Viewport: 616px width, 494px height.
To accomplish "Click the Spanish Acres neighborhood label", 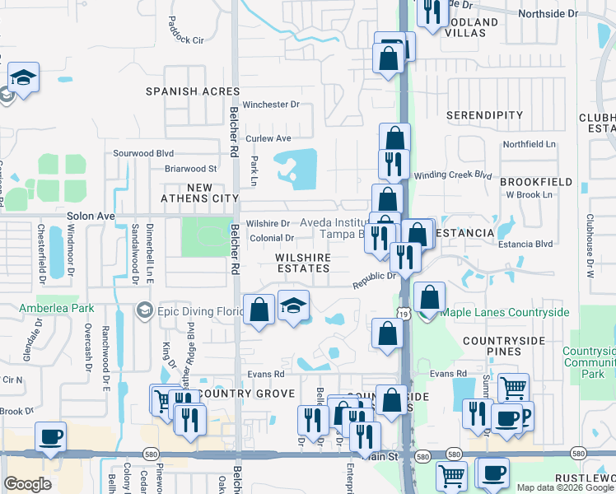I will click(x=193, y=91).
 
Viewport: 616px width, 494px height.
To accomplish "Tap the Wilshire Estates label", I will click(x=303, y=263).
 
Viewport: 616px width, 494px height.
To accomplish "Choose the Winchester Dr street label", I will click(x=271, y=105).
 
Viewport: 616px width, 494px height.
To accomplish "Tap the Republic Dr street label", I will click(x=376, y=281).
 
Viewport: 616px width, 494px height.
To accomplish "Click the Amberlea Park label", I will click(x=55, y=308).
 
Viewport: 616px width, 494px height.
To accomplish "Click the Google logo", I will click(x=27, y=483).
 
